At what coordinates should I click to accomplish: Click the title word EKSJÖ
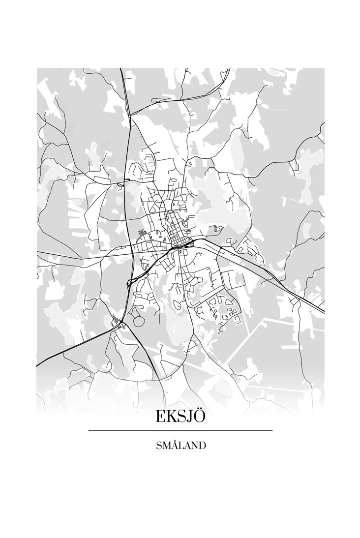tap(180, 416)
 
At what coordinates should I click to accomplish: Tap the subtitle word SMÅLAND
tap(180, 446)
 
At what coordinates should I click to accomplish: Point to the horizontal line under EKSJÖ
tap(180, 431)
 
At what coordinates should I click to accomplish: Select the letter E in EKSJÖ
tap(161, 417)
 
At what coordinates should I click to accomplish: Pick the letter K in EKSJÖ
tap(172, 417)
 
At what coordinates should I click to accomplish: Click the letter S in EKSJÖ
tap(182, 417)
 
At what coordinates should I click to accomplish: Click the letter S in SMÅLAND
tap(158, 446)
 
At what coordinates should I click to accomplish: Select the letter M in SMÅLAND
tap(166, 446)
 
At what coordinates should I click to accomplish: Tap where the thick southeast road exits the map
tap(323, 310)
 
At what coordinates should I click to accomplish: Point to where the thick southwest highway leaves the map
tap(38, 365)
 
